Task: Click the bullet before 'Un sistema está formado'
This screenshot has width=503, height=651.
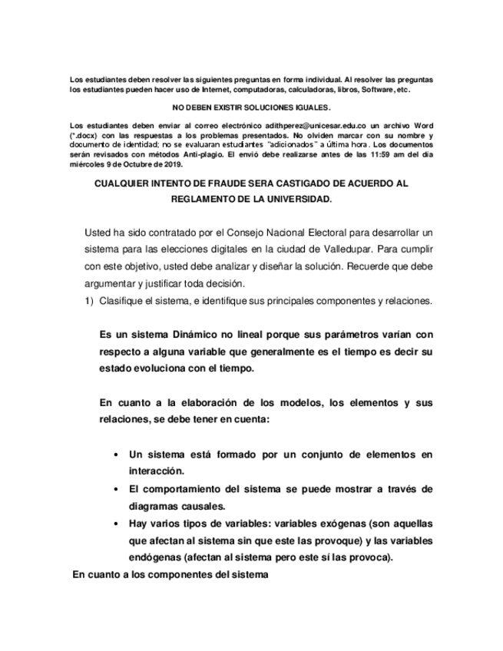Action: point(115,454)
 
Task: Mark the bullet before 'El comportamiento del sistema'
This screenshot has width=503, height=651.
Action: point(115,489)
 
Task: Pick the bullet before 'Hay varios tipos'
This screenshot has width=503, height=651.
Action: point(115,524)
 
